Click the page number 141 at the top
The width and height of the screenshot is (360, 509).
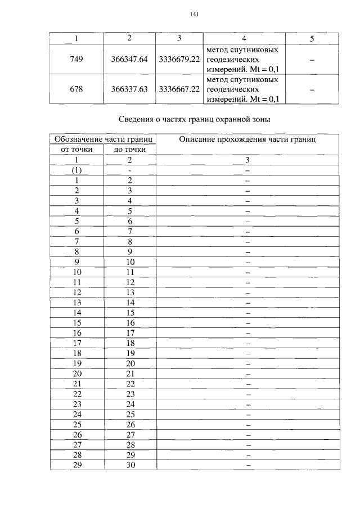coord(195,15)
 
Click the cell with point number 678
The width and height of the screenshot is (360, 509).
coord(77,89)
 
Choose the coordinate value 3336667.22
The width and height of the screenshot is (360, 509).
coord(179,89)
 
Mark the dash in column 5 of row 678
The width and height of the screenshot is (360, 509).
coord(312,89)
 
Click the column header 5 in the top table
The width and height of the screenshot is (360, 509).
coord(312,38)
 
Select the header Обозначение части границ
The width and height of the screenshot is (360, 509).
coord(103,139)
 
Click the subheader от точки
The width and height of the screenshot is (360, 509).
coord(77,149)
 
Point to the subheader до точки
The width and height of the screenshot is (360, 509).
coord(129,149)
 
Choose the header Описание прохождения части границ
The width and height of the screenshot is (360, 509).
coord(247,139)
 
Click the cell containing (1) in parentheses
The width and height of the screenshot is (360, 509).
coord(77,169)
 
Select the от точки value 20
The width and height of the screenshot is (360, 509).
coord(77,373)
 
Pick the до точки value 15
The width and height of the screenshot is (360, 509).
coord(129,312)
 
